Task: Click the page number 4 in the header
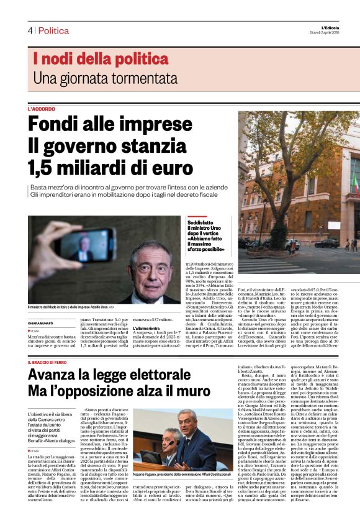pos(30,30)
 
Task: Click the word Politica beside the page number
pos(53,30)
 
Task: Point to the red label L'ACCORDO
pos(42,109)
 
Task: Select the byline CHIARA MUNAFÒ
pos(43,322)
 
